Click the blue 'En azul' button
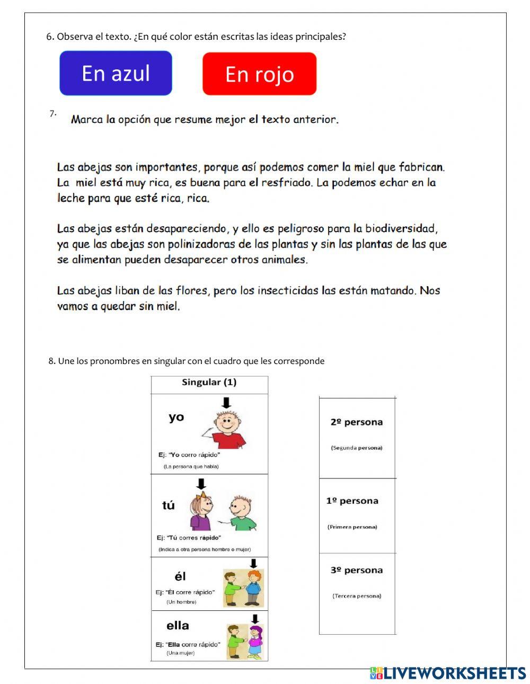point(116,73)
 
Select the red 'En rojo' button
point(259,74)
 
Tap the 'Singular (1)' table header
point(209,382)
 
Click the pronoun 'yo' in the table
point(176,417)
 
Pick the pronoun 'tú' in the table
point(169,505)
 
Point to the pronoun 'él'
point(180,576)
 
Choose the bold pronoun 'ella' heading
point(178,626)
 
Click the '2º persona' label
point(356,422)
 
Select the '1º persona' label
point(352,501)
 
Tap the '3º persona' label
point(356,570)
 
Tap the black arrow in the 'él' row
point(253,563)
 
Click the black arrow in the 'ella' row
point(255,619)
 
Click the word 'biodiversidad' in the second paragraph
point(402,229)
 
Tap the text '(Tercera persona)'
point(357,596)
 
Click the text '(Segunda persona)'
point(356,448)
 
